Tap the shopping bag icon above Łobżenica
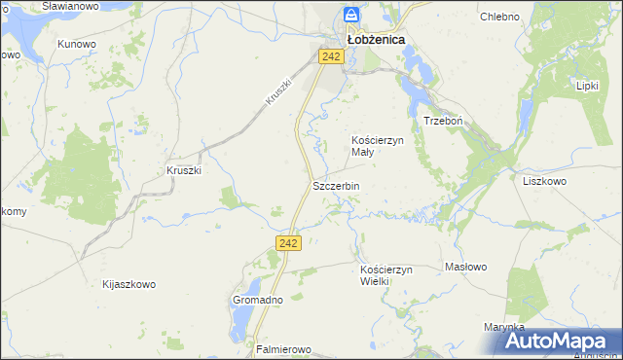pos(352,16)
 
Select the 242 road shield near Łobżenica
pos(331,57)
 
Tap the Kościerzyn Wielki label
pos(387,274)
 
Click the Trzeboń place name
pos(441,121)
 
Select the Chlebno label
pos(499,17)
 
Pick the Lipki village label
pos(586,86)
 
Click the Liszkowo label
pos(544,181)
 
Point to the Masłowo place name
pos(465,267)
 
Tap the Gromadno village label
pos(257,300)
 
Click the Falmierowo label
pos(282,348)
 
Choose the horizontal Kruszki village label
pos(184,170)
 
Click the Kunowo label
pos(77,44)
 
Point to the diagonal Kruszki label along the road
pos(277,90)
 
